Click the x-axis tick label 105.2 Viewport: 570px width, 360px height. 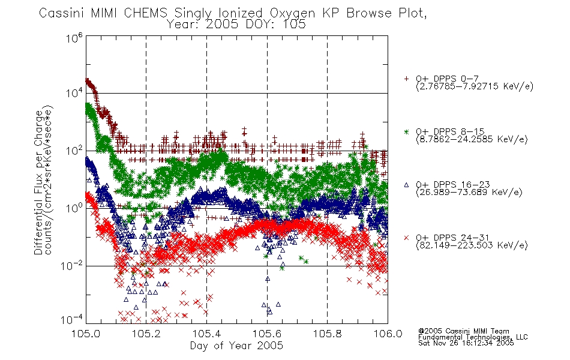click(x=146, y=334)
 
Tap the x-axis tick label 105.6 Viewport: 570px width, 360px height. click(x=267, y=334)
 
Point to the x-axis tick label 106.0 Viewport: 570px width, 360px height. click(x=388, y=334)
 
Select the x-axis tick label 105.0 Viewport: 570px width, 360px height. click(x=86, y=334)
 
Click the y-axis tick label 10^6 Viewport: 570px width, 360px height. click(x=74, y=38)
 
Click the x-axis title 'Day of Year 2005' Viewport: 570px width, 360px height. click(x=236, y=346)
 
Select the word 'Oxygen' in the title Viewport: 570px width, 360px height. click(x=293, y=13)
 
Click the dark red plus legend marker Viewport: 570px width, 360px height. click(x=406, y=79)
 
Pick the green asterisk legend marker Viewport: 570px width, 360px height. click(x=406, y=131)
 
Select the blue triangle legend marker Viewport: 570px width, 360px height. click(x=406, y=185)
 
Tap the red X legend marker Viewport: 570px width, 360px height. click(x=406, y=238)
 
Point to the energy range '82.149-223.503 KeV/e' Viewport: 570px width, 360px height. click(x=472, y=245)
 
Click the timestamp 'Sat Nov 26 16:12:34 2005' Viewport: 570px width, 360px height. click(x=466, y=343)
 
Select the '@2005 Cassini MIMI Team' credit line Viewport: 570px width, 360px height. click(x=463, y=331)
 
